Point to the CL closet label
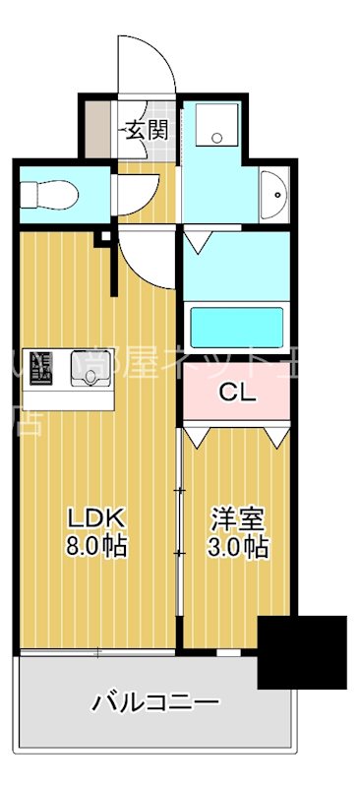(x=236, y=393)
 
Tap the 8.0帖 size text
(x=94, y=546)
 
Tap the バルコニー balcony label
(x=154, y=702)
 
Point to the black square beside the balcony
(x=302, y=651)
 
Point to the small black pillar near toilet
(x=100, y=237)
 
